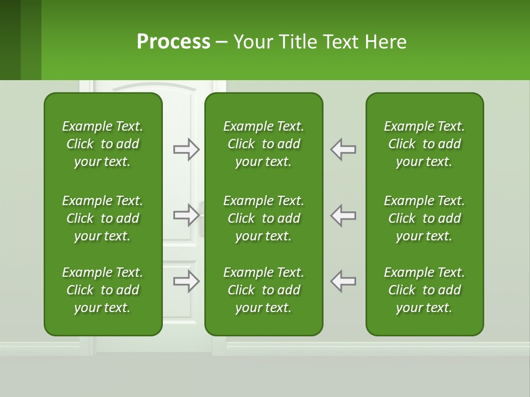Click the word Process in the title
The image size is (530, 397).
click(x=173, y=42)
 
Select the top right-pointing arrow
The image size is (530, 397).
click(x=186, y=149)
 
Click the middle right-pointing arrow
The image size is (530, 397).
click(x=186, y=215)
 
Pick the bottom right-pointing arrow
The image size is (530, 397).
click(x=186, y=281)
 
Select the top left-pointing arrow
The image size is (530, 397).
click(x=343, y=149)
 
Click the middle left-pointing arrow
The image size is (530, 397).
click(x=343, y=215)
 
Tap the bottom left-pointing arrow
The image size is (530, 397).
click(x=343, y=281)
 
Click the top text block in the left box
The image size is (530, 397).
click(x=103, y=144)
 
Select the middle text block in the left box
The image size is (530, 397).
click(x=103, y=218)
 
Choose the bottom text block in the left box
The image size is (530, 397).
click(x=103, y=290)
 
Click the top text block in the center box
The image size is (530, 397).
click(x=263, y=144)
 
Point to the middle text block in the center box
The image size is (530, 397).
click(x=263, y=218)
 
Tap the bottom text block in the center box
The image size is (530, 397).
click(x=263, y=290)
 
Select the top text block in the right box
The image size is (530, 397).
click(x=424, y=144)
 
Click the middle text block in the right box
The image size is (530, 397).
click(x=424, y=218)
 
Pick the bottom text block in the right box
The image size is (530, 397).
click(x=424, y=290)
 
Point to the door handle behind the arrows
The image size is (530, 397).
click(x=202, y=218)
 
